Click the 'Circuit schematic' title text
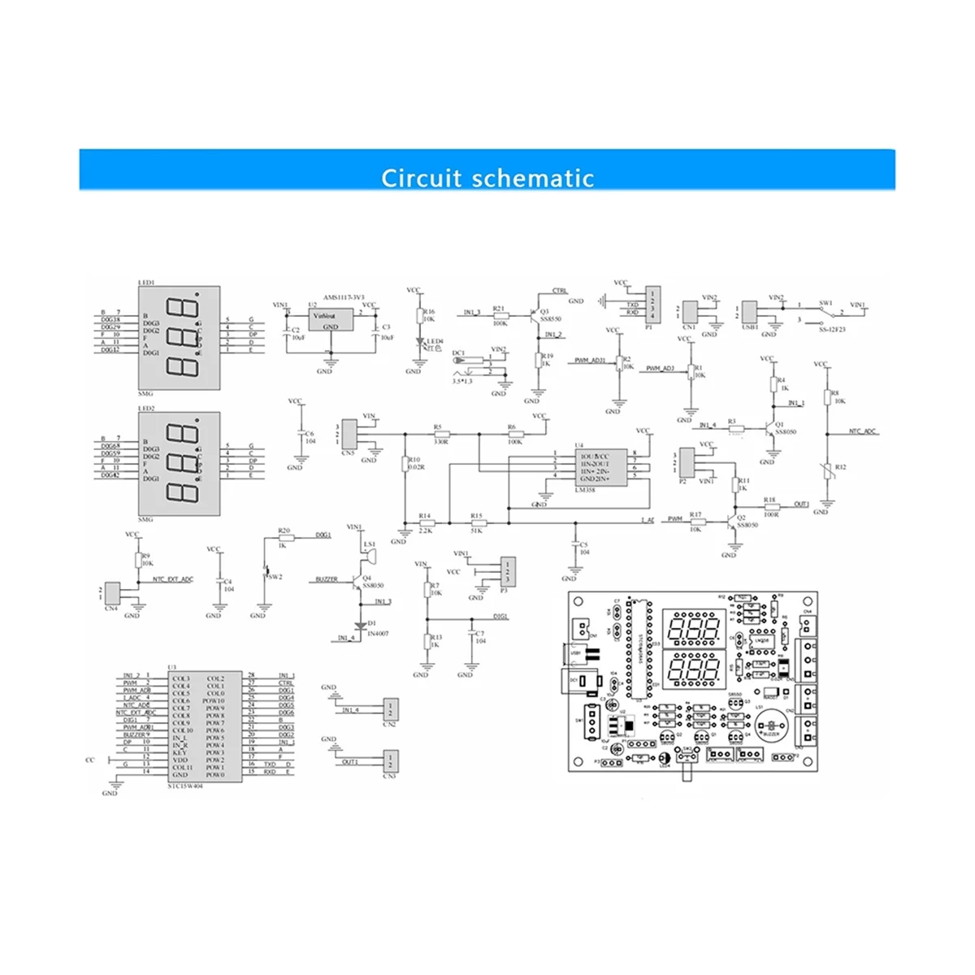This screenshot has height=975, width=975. [x=487, y=177]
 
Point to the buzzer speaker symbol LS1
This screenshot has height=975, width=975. [x=370, y=557]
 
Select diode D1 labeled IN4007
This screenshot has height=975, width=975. [x=361, y=624]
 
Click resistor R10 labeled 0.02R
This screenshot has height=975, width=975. [x=405, y=464]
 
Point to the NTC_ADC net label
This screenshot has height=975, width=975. [x=863, y=432]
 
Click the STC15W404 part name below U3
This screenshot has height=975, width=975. [x=184, y=786]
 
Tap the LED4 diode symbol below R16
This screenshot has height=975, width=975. [x=419, y=348]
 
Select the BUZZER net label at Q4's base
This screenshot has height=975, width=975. [x=327, y=579]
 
